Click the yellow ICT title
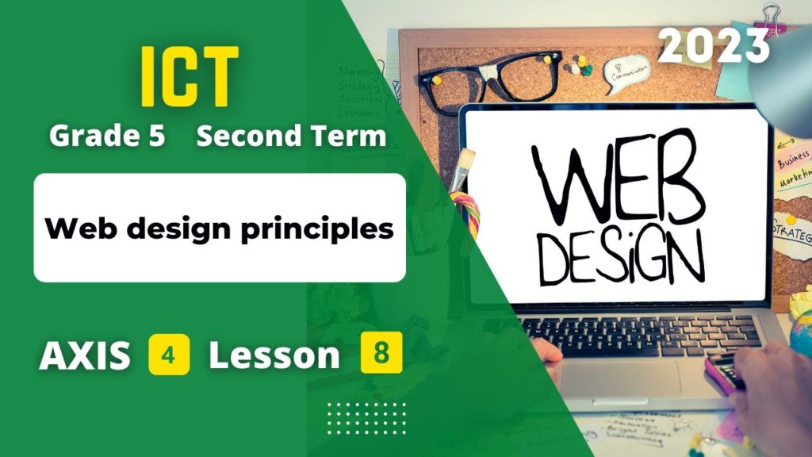[x=190, y=77]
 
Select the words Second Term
[x=291, y=136]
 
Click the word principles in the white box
[x=327, y=229]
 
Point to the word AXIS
[x=85, y=356]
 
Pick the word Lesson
[x=274, y=356]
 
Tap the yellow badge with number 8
[x=381, y=354]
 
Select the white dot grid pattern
[x=366, y=416]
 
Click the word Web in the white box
[x=77, y=229]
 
